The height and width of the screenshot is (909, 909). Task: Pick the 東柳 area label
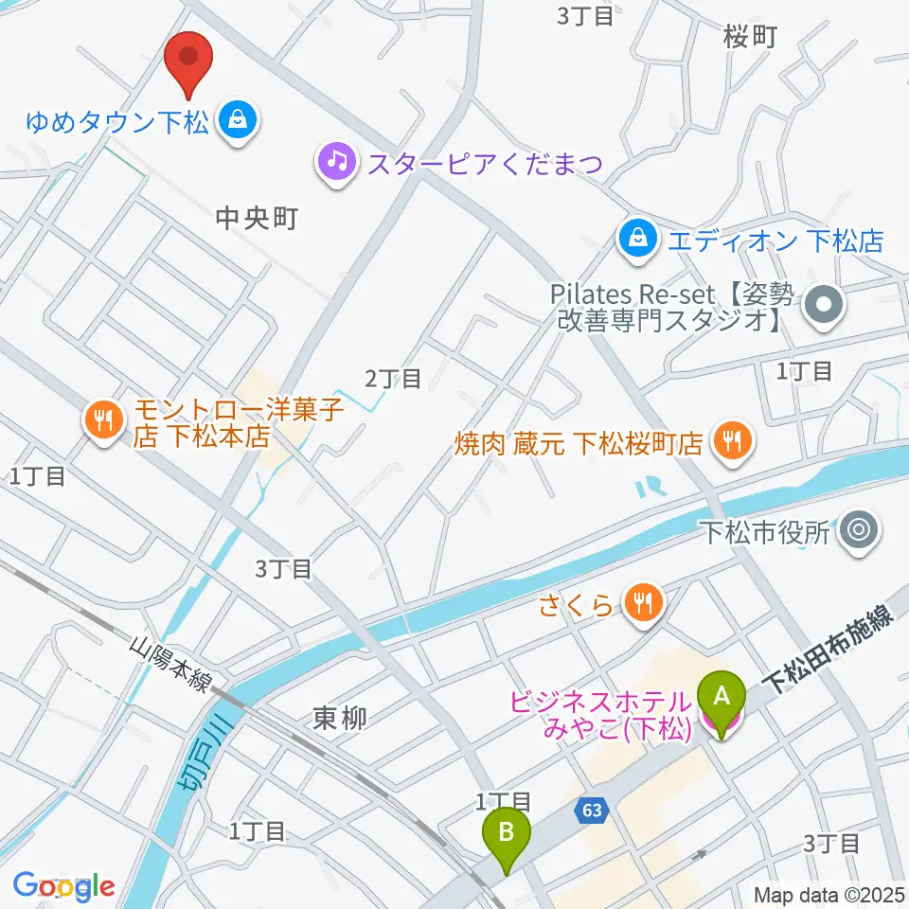point(339,719)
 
